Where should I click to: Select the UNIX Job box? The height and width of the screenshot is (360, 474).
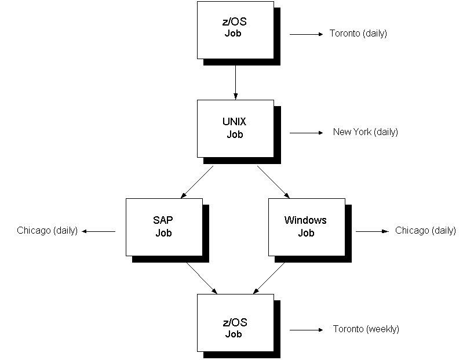pyautogui.click(x=235, y=129)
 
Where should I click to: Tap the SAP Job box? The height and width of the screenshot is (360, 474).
pyautogui.click(x=164, y=227)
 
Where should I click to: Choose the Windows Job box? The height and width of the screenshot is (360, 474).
pyautogui.click(x=306, y=227)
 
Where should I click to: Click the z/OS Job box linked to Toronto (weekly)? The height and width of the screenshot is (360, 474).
pyautogui.click(x=235, y=323)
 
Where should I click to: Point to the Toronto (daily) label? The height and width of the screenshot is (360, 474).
pyautogui.click(x=358, y=34)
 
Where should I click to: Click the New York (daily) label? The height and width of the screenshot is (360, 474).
pyautogui.click(x=365, y=132)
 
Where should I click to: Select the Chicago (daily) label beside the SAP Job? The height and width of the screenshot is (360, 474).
pyautogui.click(x=48, y=231)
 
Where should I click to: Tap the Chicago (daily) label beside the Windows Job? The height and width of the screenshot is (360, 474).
pyautogui.click(x=425, y=231)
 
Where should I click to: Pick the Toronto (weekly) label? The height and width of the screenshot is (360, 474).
pyautogui.click(x=366, y=329)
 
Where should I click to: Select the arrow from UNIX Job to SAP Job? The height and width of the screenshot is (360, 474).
pyautogui.click(x=198, y=181)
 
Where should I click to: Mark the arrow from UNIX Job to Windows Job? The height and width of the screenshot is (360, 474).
pyautogui.click(x=273, y=181)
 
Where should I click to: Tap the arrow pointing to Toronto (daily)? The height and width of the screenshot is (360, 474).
pyautogui.click(x=306, y=34)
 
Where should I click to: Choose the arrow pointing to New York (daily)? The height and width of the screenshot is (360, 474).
pyautogui.click(x=306, y=133)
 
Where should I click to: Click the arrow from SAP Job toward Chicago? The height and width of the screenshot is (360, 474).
pyautogui.click(x=99, y=231)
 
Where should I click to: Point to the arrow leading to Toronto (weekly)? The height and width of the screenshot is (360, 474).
pyautogui.click(x=306, y=330)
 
